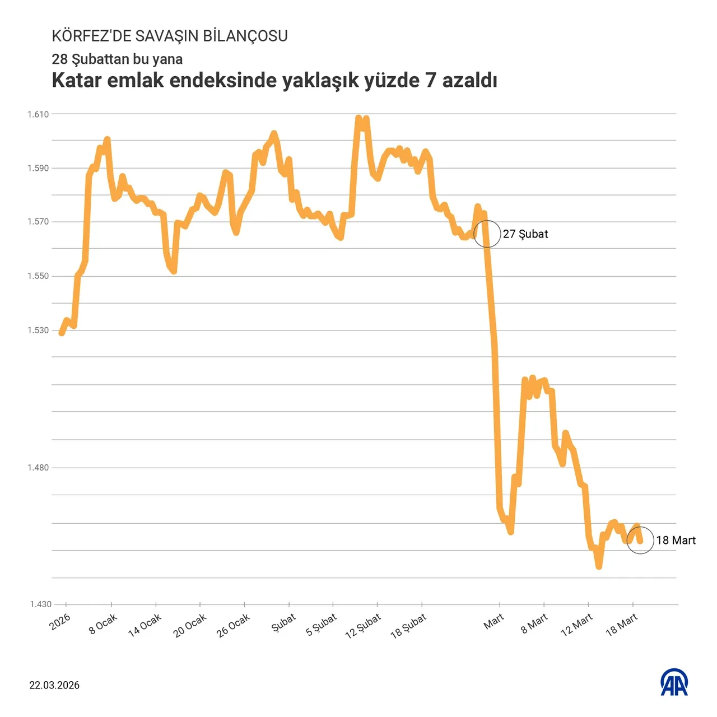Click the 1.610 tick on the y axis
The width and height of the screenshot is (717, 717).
tap(39, 114)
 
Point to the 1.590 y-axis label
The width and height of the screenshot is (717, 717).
tap(39, 168)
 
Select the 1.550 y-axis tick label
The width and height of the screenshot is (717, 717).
tap(39, 276)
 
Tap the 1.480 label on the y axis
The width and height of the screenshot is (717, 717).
tap(39, 468)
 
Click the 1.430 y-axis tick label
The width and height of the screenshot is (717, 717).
tap(40, 604)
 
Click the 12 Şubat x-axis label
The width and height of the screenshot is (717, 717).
tap(363, 626)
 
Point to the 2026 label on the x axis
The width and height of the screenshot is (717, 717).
tap(60, 621)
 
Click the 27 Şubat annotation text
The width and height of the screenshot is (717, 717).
tap(525, 234)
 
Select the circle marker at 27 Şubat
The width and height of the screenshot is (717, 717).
tap(487, 234)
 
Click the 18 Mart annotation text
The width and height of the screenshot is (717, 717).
tap(676, 541)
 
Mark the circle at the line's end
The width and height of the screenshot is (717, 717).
tap(640, 541)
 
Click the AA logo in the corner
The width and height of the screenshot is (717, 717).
tap(674, 682)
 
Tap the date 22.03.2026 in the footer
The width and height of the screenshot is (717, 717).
tap(54, 686)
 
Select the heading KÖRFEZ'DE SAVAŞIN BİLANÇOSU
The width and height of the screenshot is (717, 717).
tap(170, 36)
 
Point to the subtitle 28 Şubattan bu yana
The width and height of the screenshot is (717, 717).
tap(117, 59)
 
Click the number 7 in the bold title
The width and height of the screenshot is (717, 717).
tap(430, 81)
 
